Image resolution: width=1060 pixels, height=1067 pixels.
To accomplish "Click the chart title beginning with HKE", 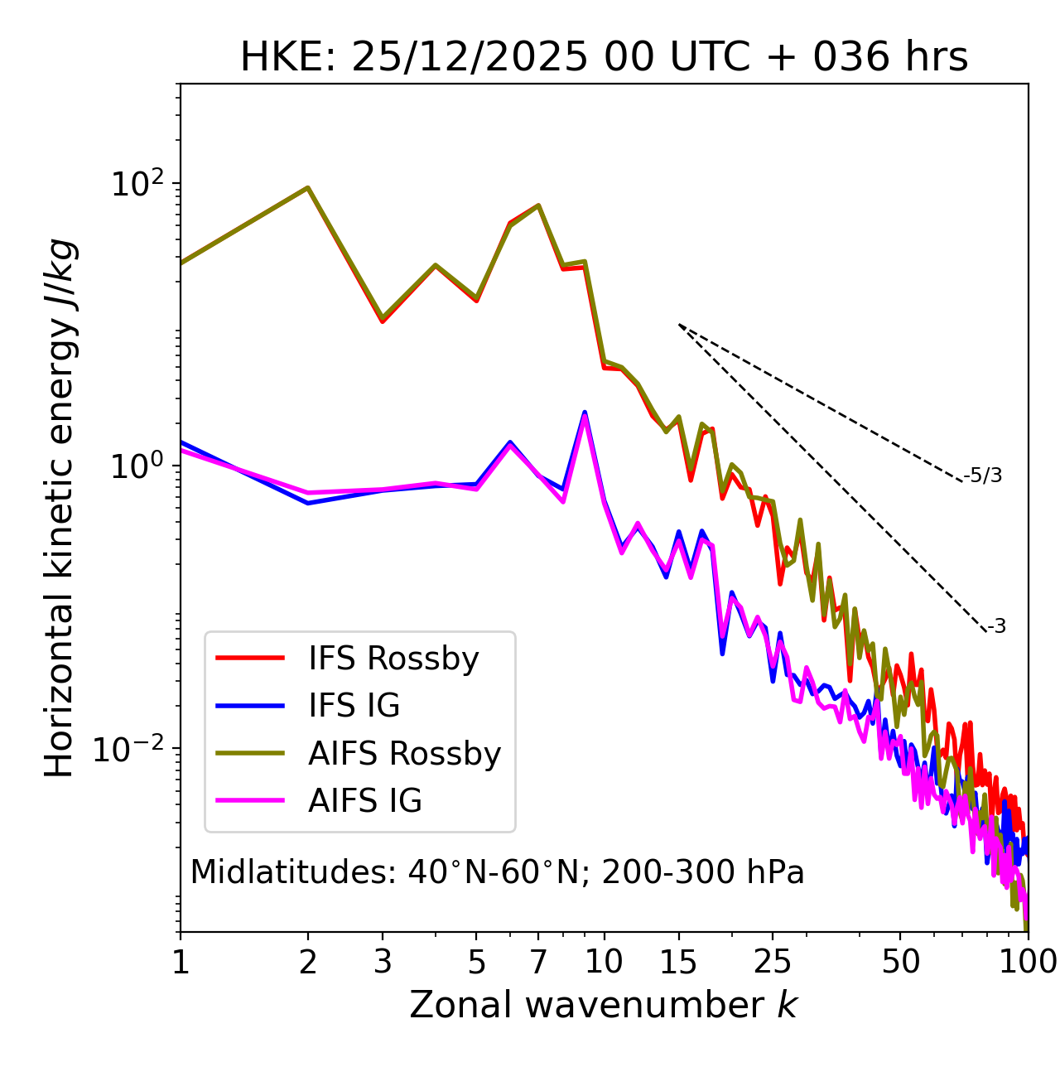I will (604, 58).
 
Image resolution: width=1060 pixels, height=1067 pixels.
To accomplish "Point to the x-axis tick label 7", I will (538, 962).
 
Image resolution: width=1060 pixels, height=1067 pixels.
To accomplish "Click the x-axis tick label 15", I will (678, 962).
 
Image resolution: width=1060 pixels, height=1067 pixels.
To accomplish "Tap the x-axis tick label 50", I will (900, 962).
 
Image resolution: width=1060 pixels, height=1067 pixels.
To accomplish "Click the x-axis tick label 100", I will (1027, 962).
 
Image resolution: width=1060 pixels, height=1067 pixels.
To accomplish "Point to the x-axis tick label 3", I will (382, 962).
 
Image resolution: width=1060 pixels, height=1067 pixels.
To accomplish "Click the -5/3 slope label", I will (983, 476).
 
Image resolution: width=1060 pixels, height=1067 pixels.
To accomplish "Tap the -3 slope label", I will (996, 626).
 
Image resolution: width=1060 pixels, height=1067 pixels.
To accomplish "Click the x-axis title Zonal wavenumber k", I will (604, 1005).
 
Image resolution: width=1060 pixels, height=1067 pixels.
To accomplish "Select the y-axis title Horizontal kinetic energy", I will (60, 508).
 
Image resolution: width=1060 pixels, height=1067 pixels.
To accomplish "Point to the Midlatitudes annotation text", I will (497, 872).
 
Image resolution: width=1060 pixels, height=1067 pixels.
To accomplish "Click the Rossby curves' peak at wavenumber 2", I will (308, 187).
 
